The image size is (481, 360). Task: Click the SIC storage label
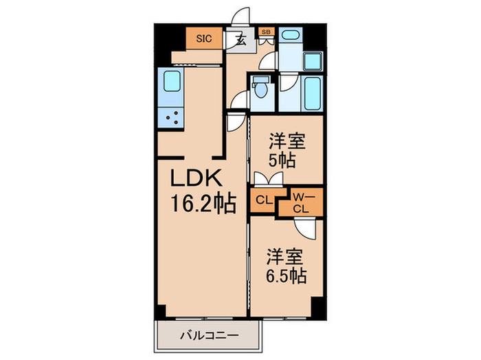[x=204, y=39]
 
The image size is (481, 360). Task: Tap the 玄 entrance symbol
[x=241, y=39]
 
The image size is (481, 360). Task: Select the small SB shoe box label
[x=265, y=32]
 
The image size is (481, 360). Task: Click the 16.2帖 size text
[x=204, y=203]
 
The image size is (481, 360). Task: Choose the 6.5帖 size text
[x=287, y=276]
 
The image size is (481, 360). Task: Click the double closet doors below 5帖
[x=267, y=179]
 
